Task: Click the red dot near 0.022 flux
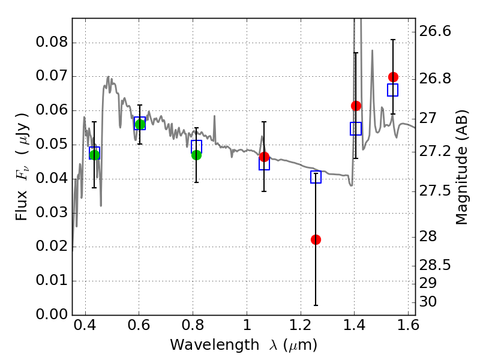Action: (x=316, y=239)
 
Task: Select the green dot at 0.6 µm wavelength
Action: (x=140, y=124)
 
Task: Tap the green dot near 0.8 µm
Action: (x=196, y=155)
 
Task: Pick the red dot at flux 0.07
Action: (x=393, y=77)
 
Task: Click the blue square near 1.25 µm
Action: (x=316, y=177)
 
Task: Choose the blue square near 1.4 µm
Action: (x=355, y=128)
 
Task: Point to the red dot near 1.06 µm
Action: (x=264, y=157)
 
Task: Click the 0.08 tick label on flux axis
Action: (x=52, y=41)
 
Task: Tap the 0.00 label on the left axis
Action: (x=52, y=314)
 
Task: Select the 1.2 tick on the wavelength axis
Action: (x=301, y=325)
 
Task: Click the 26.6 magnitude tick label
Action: (x=434, y=31)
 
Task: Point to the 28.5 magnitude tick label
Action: (x=434, y=265)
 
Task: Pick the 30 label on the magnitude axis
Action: (x=428, y=302)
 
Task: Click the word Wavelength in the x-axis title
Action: (x=215, y=345)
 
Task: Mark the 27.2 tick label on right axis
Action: (x=434, y=152)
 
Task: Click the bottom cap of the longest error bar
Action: (x=316, y=305)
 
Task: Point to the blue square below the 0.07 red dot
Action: (x=392, y=90)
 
